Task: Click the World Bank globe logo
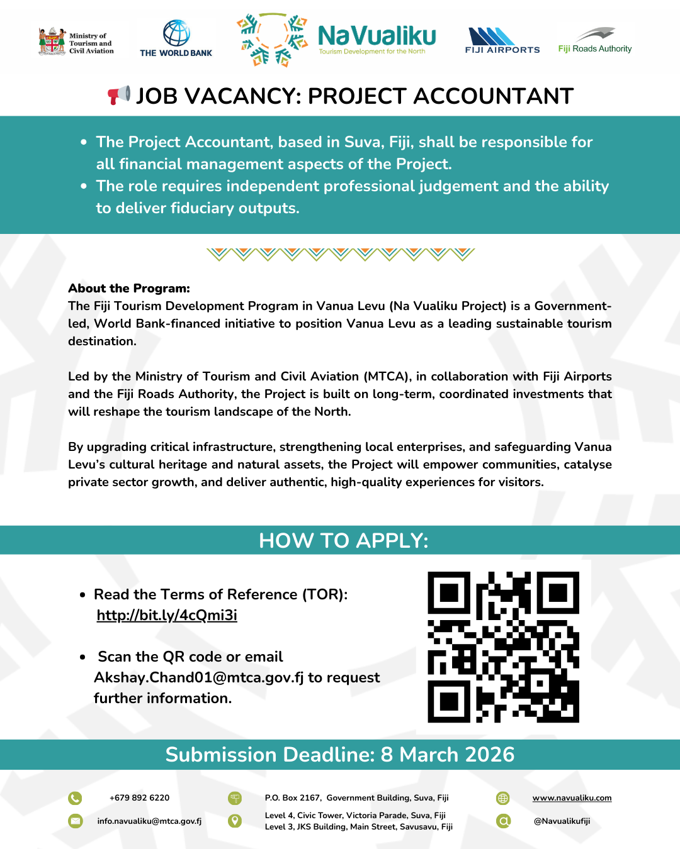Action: (x=176, y=33)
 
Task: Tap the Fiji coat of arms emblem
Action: (x=52, y=42)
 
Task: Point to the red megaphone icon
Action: (x=118, y=96)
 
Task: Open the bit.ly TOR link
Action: (x=167, y=615)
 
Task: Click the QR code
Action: (x=503, y=647)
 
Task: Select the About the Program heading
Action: (x=129, y=288)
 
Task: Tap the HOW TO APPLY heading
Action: (x=343, y=540)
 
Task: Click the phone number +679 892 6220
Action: (x=139, y=797)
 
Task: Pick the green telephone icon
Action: (x=75, y=798)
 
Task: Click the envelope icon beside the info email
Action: (x=75, y=821)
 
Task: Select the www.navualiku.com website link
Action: (x=572, y=797)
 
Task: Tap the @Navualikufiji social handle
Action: (x=562, y=821)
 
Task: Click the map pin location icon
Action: (x=235, y=821)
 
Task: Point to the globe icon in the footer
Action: (x=502, y=798)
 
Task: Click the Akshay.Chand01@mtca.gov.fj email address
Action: (x=199, y=677)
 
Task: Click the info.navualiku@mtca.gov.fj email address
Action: (x=149, y=821)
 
